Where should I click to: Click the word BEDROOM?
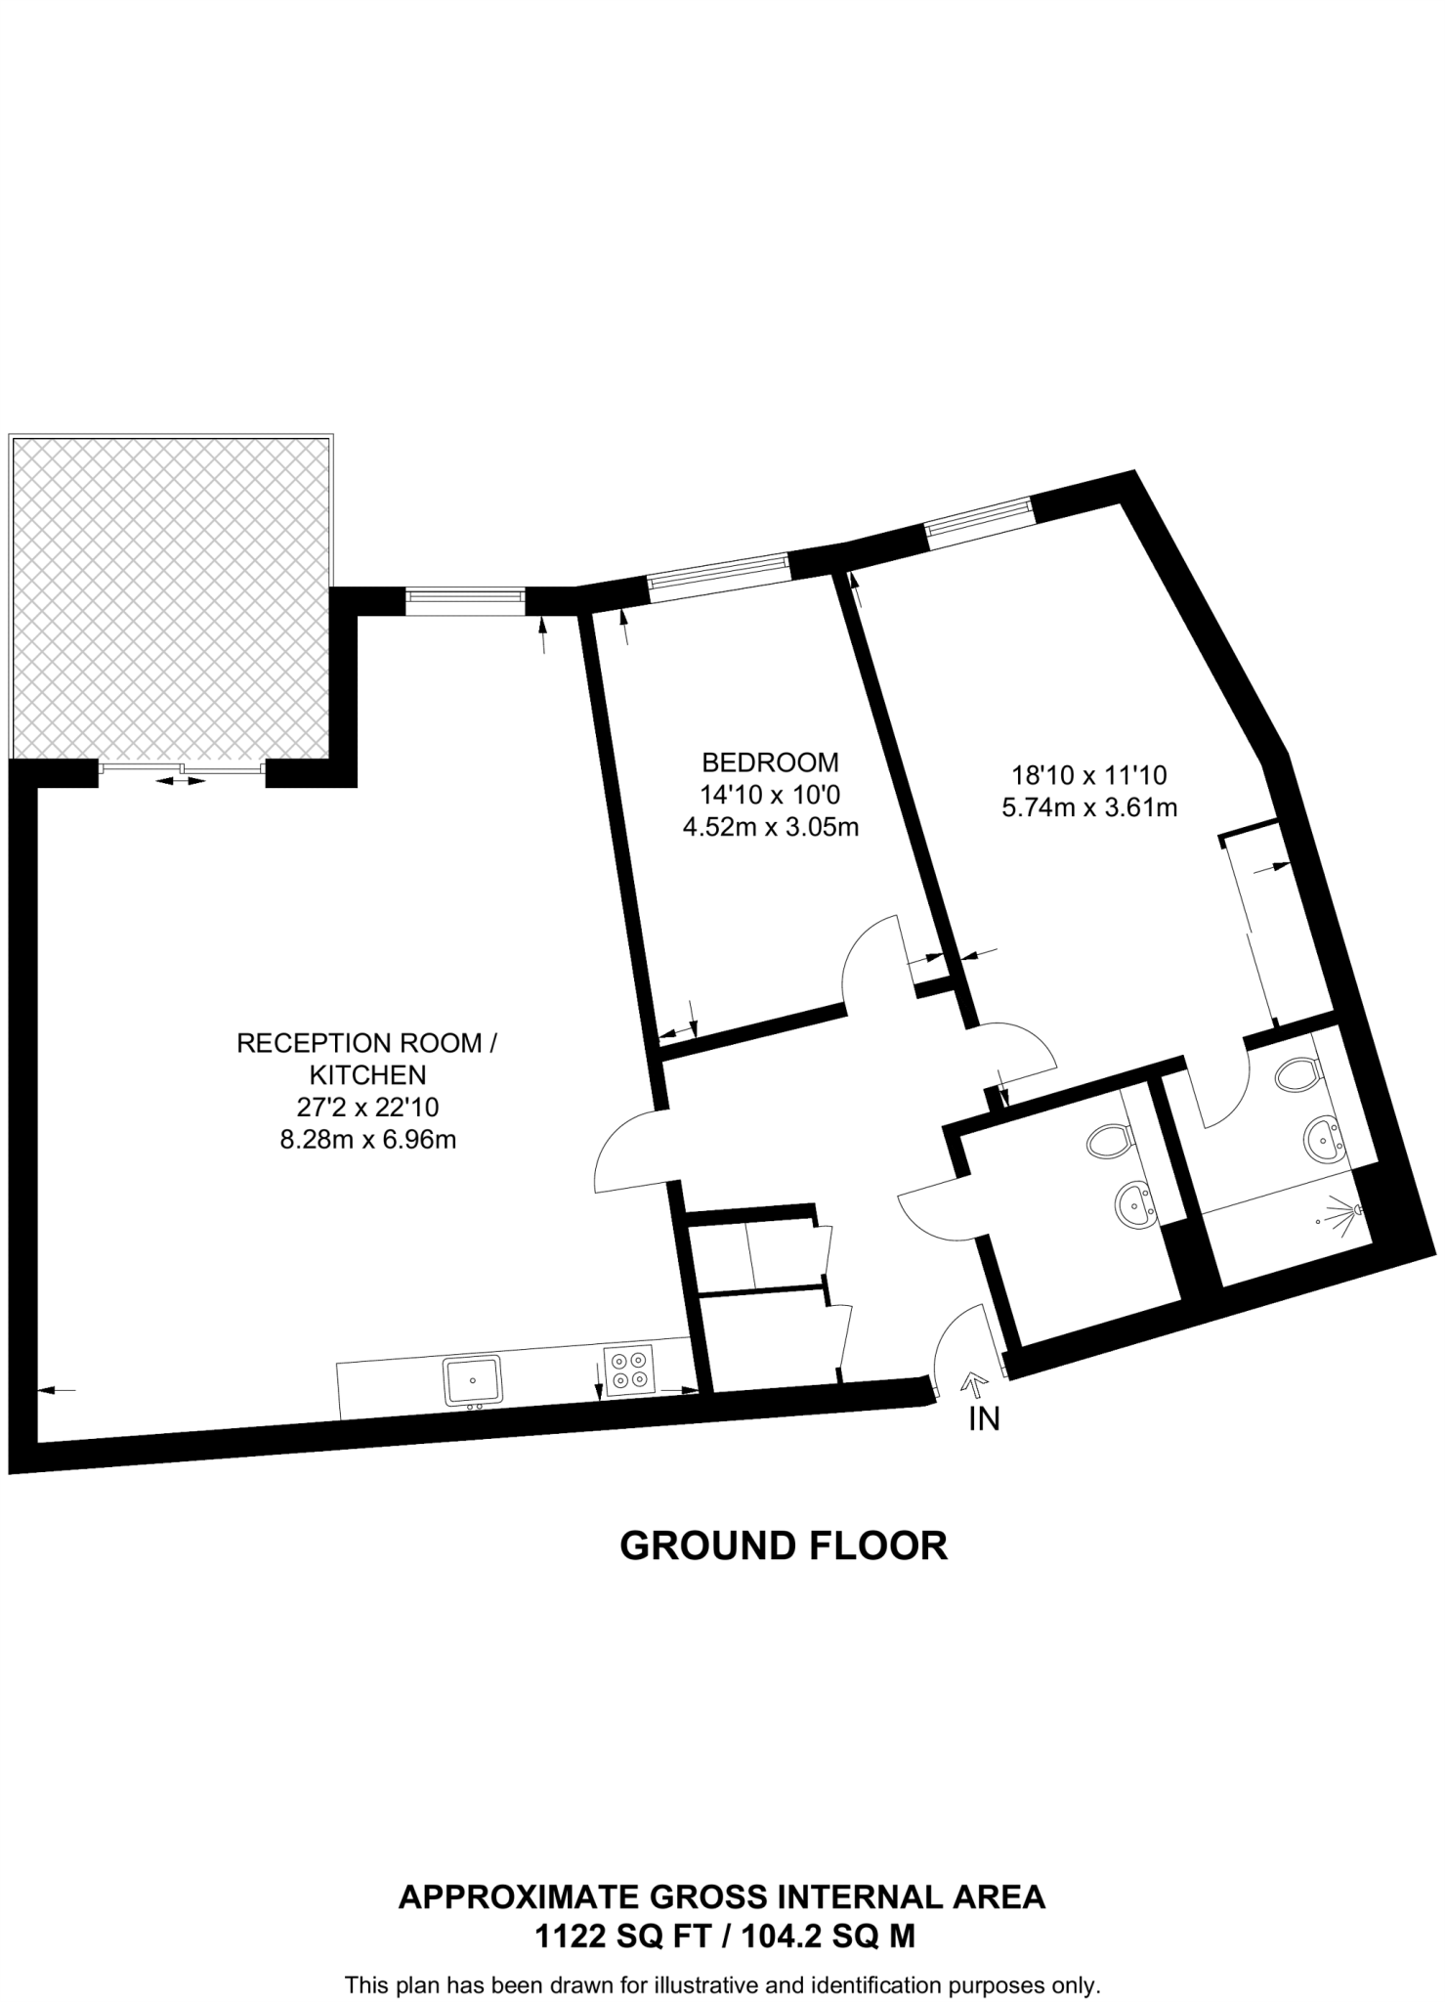pos(770,762)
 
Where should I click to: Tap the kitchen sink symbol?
pos(472,1379)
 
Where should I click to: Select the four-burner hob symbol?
pos(628,1371)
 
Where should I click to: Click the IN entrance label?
pos(984,1419)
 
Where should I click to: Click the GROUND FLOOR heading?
pos(784,1545)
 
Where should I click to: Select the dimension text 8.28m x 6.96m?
pos(368,1139)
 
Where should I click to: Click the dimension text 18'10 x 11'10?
pos(1089,775)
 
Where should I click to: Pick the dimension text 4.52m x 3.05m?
pos(770,827)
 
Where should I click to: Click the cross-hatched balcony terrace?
pos(170,596)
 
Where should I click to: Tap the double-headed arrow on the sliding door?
pos(181,780)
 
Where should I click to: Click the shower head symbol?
pos(1350,1213)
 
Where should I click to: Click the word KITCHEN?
pos(367,1075)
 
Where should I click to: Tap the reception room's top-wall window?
pos(465,597)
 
